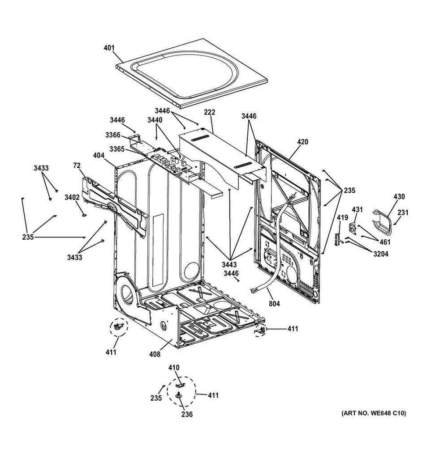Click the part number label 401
click(109, 47)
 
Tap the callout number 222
click(210, 112)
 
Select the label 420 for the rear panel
click(302, 142)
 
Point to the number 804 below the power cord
click(275, 304)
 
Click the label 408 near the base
click(155, 354)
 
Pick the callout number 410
click(174, 368)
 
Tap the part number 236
click(187, 414)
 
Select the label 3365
click(117, 149)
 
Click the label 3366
click(113, 135)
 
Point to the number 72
click(77, 165)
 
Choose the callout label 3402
click(72, 197)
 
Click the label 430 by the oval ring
click(399, 197)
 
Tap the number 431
click(357, 209)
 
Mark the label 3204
click(381, 254)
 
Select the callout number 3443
click(229, 264)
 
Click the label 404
click(99, 155)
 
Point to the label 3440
click(155, 120)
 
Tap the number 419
click(342, 217)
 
